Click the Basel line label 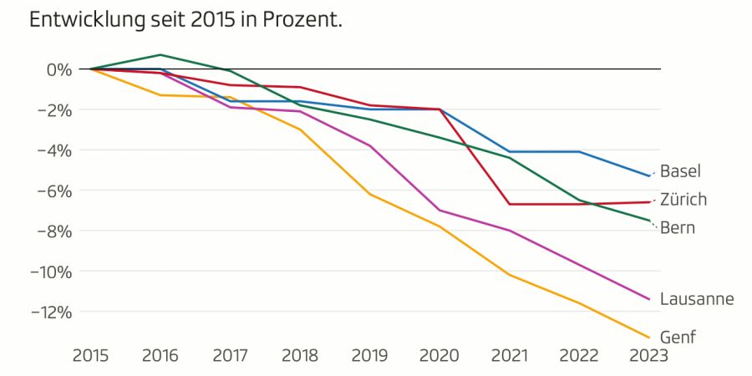tap(680, 171)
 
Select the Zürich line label tap(683, 200)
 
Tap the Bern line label tap(677, 227)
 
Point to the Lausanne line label tap(696, 298)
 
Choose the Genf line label tap(677, 337)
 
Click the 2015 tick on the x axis tap(90, 356)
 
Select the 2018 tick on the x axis tap(299, 356)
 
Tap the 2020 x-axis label tap(439, 356)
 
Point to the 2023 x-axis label tap(648, 356)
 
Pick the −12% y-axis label tap(51, 312)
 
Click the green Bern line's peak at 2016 tap(160, 55)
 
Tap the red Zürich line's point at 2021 tap(509, 204)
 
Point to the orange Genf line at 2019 tap(369, 194)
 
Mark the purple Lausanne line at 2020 tap(439, 211)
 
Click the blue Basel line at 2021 tap(509, 151)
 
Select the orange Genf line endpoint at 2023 tap(648, 338)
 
